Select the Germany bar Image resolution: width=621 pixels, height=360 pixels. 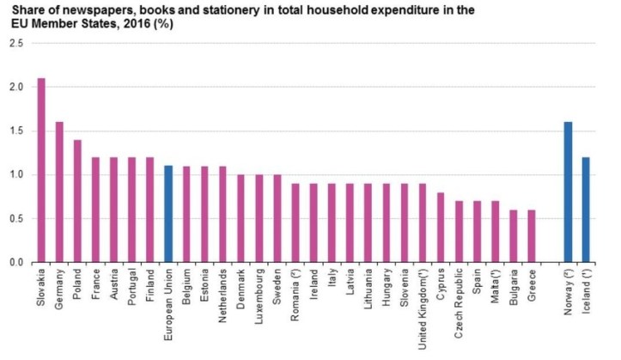pyautogui.click(x=59, y=192)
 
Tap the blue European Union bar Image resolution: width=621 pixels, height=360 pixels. pyautogui.click(x=168, y=214)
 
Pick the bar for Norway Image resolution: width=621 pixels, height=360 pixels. pyautogui.click(x=568, y=192)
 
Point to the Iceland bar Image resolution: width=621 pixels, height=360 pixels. pyautogui.click(x=586, y=210)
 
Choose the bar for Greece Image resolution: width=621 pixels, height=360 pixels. pyautogui.click(x=532, y=236)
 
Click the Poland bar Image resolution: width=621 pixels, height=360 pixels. pyautogui.click(x=77, y=201)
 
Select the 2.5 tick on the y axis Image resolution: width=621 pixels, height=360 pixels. pyautogui.click(x=15, y=44)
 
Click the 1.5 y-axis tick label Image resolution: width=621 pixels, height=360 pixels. pyautogui.click(x=15, y=131)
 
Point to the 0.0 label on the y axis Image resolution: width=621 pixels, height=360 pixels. pyautogui.click(x=15, y=262)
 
